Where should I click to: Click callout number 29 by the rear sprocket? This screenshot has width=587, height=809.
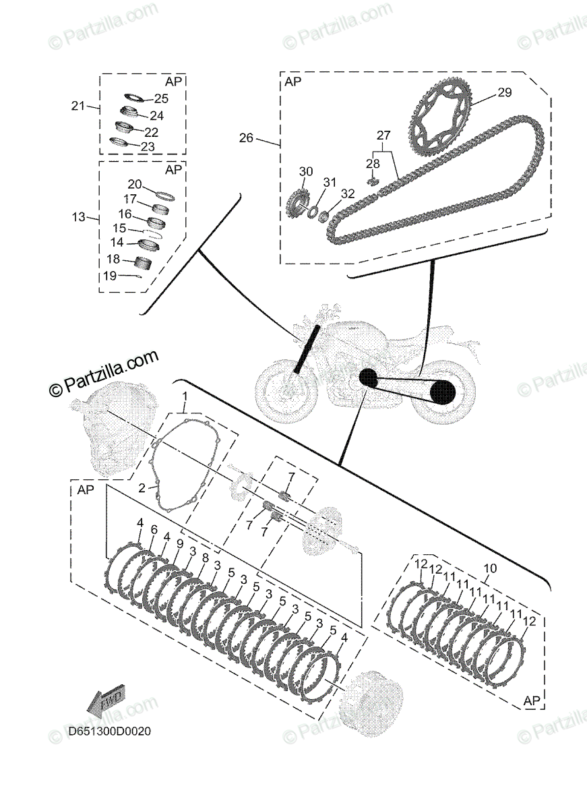505,93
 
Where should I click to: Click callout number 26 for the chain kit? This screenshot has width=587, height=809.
247,138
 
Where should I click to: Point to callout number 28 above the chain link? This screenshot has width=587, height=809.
373,164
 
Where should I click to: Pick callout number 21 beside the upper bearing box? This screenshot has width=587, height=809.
79,106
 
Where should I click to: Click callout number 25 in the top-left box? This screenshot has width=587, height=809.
160,98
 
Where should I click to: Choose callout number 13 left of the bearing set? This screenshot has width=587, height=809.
79,217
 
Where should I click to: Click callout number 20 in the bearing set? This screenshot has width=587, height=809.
135,185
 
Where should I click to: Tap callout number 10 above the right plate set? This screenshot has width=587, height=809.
490,569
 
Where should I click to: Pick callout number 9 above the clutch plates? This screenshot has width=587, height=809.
180,543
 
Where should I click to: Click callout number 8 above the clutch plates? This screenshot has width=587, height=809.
206,558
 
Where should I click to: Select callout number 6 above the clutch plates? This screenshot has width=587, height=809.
154,531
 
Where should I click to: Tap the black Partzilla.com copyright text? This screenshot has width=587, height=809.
104,373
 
